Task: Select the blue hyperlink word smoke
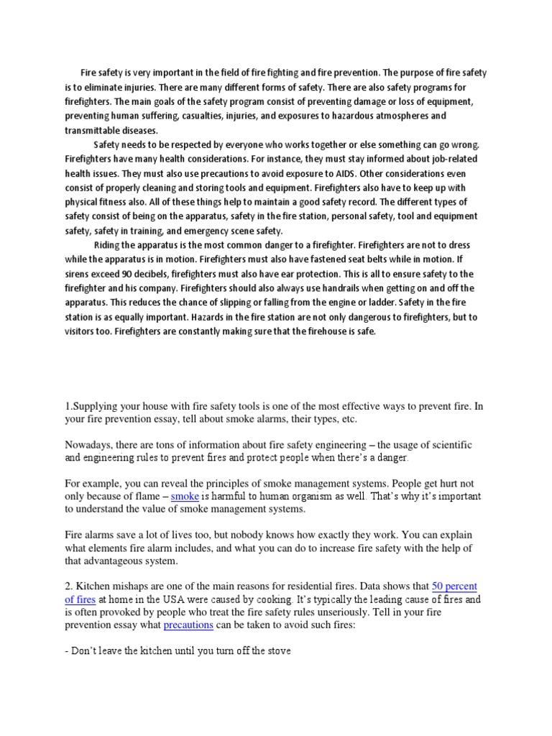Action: click(185, 497)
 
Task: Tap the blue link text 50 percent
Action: click(454, 586)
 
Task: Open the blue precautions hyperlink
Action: click(188, 625)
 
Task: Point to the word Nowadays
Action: click(91, 446)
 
